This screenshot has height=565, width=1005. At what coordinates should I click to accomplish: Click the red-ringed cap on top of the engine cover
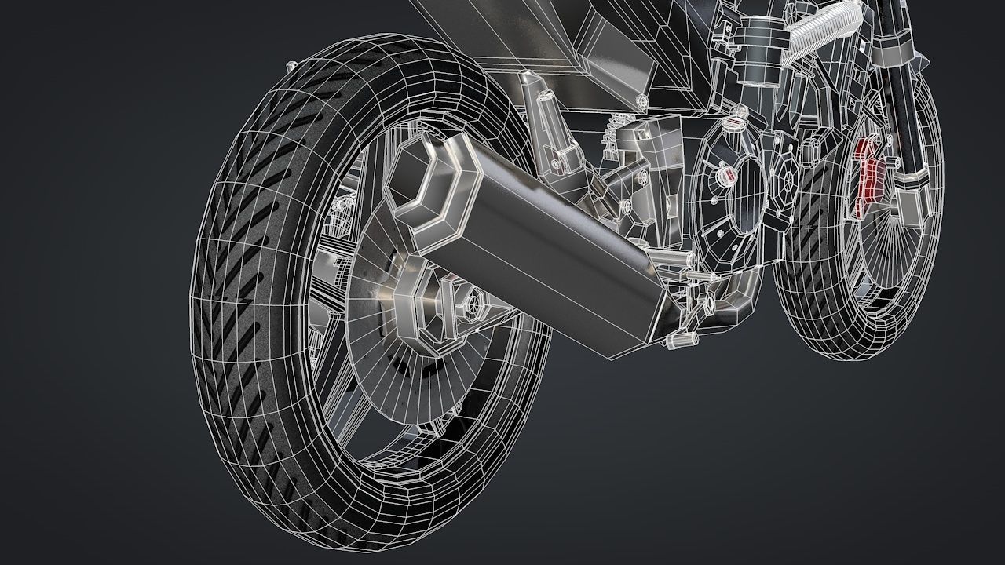(x=736, y=123)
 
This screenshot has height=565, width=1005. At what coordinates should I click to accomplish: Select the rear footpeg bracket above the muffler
(x=550, y=118)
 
